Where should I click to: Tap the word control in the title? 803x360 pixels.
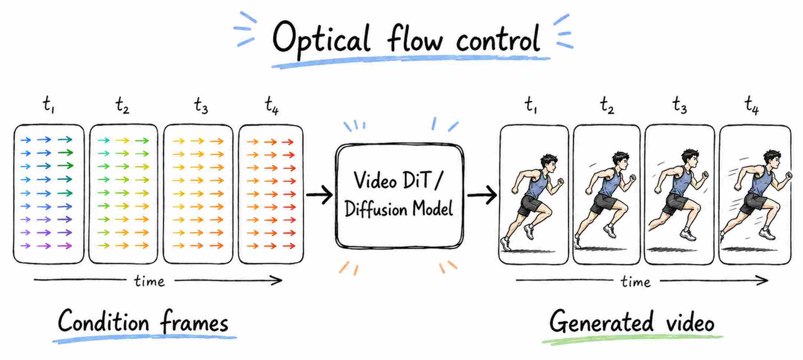pos(498,38)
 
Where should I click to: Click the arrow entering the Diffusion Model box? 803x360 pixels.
pos(320,195)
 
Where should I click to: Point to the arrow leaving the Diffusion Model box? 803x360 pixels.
pos(482,195)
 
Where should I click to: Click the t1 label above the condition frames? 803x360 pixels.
pos(49,104)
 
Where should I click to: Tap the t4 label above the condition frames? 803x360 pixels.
pos(271,105)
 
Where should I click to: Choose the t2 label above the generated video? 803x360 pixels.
pos(607,105)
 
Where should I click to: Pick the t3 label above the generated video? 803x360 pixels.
pos(680,105)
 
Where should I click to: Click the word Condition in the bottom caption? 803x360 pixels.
pos(103,321)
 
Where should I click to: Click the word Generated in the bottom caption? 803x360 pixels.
pos(601,321)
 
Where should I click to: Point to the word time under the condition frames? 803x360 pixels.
pos(149,281)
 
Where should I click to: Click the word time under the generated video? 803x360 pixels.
pos(635,282)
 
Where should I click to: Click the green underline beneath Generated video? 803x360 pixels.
pos(632,339)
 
